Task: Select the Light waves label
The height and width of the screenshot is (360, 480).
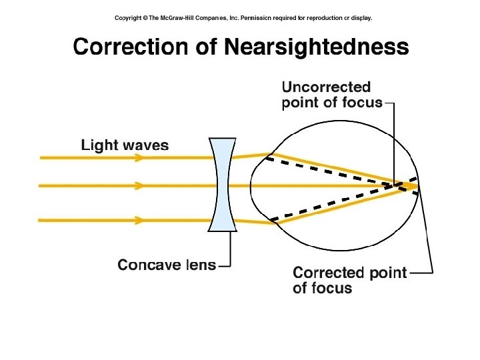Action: tap(125, 145)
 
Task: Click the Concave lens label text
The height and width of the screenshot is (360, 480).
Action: tap(167, 265)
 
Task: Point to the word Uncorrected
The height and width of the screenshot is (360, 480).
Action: tap(326, 87)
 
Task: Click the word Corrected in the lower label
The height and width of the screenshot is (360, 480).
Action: tap(327, 273)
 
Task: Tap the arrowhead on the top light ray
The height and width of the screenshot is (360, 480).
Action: tap(139, 158)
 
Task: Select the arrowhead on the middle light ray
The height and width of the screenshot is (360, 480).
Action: tap(139, 185)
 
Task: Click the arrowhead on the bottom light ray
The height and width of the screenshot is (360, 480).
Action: tap(139, 219)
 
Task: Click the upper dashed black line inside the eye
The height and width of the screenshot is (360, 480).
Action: tap(333, 171)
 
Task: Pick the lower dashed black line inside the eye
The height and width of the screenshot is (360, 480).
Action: tap(333, 203)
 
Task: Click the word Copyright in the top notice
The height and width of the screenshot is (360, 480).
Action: tap(131, 18)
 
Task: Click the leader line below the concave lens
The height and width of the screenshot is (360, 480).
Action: tap(230, 250)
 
